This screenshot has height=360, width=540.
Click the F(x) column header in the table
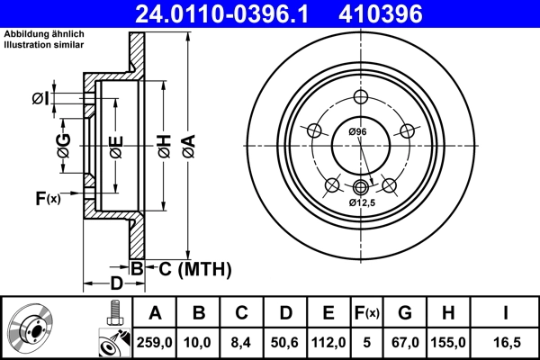(366, 313)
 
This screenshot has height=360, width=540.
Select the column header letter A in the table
(156, 313)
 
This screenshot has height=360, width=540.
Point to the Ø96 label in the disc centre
(357, 132)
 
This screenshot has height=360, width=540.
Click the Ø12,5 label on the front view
(363, 202)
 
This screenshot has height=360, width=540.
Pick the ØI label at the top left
(65, 99)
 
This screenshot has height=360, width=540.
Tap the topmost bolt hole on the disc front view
(361, 98)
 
